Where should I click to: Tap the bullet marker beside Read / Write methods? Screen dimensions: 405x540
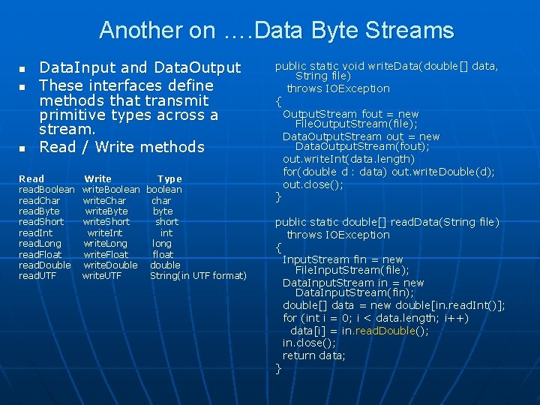tap(22, 147)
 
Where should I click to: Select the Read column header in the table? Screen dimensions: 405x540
tap(31, 178)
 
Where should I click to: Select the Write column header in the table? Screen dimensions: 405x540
tap(98, 178)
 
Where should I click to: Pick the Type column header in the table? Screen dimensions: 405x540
tap(169, 178)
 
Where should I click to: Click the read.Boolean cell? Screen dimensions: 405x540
tap(46, 190)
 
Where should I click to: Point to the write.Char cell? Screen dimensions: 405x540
tap(104, 200)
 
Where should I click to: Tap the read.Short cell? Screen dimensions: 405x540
tap(41, 221)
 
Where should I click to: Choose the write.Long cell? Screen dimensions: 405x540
tap(105, 243)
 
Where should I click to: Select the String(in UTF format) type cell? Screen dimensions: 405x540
tap(198, 275)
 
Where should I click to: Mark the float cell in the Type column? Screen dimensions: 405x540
tap(163, 254)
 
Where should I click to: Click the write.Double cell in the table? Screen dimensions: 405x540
tap(110, 265)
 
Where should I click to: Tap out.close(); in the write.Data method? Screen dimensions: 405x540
tap(313, 184)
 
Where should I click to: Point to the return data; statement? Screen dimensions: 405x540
tap(313, 355)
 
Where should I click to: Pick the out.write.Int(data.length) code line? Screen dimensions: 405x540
tap(348, 159)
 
